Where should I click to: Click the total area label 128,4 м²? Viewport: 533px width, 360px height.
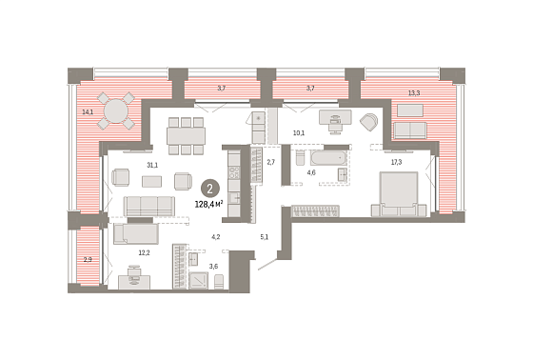[x=208, y=204]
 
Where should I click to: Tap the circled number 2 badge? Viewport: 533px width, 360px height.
[x=209, y=189]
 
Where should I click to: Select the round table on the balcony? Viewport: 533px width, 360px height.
[x=116, y=110]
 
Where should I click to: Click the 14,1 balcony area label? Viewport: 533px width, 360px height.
[x=88, y=111]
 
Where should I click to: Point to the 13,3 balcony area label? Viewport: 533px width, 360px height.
[x=414, y=92]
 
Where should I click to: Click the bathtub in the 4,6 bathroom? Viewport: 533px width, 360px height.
[x=328, y=158]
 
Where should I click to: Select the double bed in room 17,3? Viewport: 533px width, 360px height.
[x=399, y=194]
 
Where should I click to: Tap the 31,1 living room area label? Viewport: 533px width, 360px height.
[x=152, y=166]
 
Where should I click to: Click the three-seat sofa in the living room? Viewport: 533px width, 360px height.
[x=149, y=207]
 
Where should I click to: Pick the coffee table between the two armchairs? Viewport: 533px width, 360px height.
[x=152, y=181]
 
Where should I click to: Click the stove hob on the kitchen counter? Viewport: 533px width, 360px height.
[x=234, y=173]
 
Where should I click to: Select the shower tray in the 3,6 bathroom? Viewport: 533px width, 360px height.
[x=198, y=281]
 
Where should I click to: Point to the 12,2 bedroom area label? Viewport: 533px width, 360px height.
[x=144, y=252]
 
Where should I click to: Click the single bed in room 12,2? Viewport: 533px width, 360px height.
[x=136, y=233]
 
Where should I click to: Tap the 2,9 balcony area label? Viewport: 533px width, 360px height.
[x=88, y=260]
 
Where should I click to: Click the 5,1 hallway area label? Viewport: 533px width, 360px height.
[x=265, y=237]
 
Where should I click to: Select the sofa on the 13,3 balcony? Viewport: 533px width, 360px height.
[x=409, y=130]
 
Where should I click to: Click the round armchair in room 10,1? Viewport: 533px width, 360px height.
[x=368, y=122]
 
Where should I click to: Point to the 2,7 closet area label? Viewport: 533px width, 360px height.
[x=270, y=162]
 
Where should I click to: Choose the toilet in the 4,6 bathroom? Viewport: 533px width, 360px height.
[x=300, y=158]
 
